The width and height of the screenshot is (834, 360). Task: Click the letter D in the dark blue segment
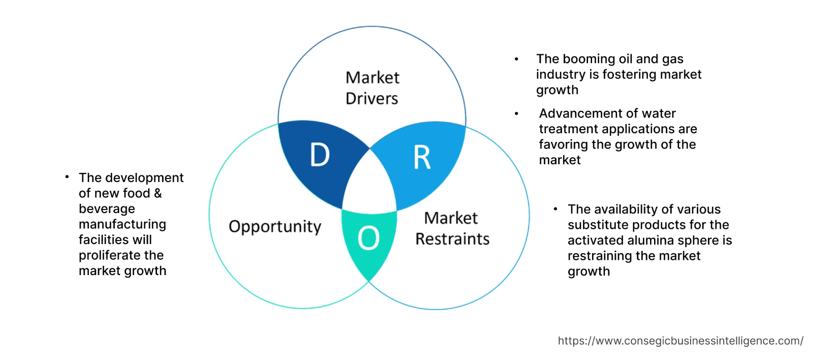pyautogui.click(x=320, y=155)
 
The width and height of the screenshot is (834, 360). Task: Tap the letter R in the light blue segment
pyautogui.click(x=422, y=158)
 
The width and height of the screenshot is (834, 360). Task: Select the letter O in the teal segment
pyautogui.click(x=368, y=238)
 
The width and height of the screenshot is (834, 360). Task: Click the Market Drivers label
pyautogui.click(x=372, y=88)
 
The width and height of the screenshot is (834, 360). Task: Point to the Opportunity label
pyautogui.click(x=275, y=227)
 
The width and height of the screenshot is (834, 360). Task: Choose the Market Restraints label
pyautogui.click(x=452, y=229)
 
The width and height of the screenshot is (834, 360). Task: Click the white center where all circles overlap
pyautogui.click(x=370, y=183)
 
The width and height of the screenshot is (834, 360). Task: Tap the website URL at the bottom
pyautogui.click(x=681, y=341)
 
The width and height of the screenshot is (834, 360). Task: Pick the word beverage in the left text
pyautogui.click(x=107, y=209)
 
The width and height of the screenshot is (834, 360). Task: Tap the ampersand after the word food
pyautogui.click(x=158, y=193)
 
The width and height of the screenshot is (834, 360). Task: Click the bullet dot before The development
pyautogui.click(x=67, y=177)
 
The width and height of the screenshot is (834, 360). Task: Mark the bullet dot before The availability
pyautogui.click(x=555, y=209)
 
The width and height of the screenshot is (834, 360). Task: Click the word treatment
pyautogui.click(x=568, y=129)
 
